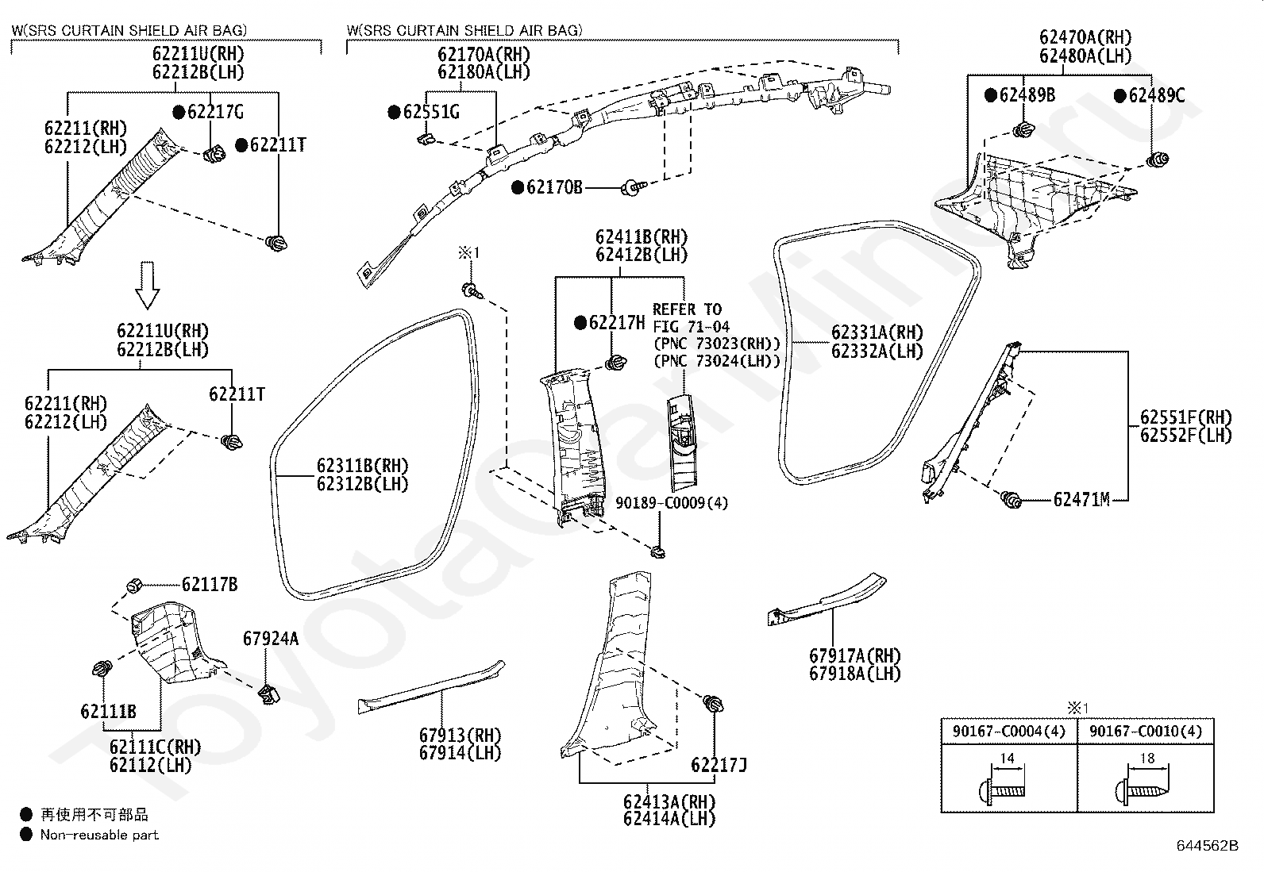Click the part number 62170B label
click(x=554, y=186)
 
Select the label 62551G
click(x=431, y=112)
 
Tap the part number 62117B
click(x=210, y=584)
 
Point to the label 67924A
click(x=271, y=639)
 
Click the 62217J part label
click(x=719, y=765)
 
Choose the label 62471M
click(x=1081, y=500)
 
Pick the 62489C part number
click(x=1157, y=95)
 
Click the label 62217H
click(x=617, y=323)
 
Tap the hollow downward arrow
click(x=147, y=285)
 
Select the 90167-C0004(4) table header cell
click(x=1009, y=731)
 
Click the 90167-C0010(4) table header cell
click(x=1146, y=731)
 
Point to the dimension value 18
click(x=1147, y=759)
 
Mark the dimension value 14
click(x=1008, y=759)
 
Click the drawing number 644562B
click(x=1208, y=846)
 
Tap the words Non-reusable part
click(x=99, y=835)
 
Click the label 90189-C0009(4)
click(x=672, y=502)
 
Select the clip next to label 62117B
click(x=133, y=586)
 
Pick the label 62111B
click(x=108, y=712)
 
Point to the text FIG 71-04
click(x=692, y=327)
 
